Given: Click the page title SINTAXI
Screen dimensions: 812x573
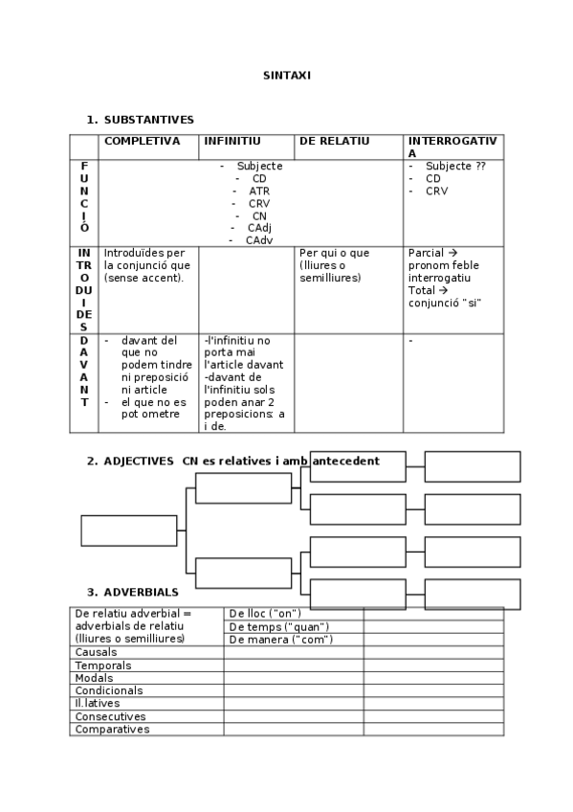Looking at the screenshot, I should coord(287,75).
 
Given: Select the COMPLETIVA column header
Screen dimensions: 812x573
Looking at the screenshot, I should coord(142,141).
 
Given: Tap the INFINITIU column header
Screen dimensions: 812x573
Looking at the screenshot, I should coord(231,141).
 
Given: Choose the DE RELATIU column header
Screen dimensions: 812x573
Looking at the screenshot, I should coord(334,141).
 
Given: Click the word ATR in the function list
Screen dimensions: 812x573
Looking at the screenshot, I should coord(259,191).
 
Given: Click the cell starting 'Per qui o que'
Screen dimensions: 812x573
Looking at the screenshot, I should coord(334,253).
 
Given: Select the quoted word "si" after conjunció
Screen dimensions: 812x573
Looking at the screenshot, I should coord(471,303).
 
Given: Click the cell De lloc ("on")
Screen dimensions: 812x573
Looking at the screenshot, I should coord(265,613).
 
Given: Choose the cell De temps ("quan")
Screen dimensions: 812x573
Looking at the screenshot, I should coord(278,626).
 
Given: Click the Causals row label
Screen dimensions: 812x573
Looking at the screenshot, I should coord(97,652).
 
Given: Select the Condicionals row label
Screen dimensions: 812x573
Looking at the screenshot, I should coord(109,690).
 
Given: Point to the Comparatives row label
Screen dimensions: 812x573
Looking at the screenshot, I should coord(113,729).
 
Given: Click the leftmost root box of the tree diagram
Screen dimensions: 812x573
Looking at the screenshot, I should coord(129,530).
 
